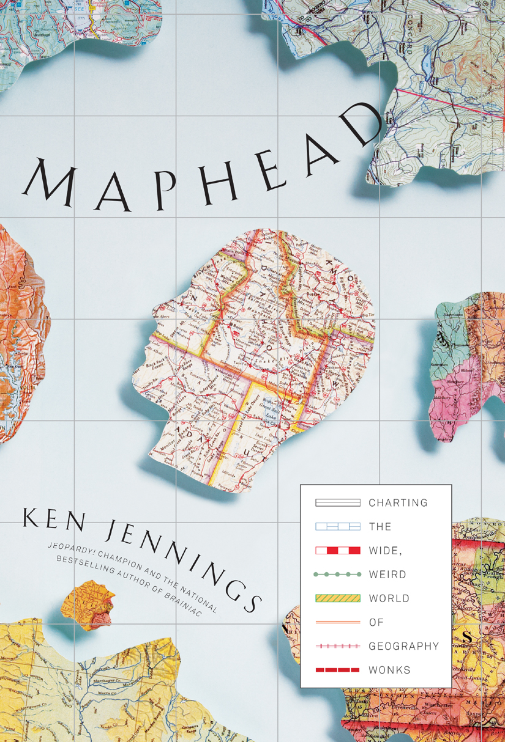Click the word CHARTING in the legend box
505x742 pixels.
398,503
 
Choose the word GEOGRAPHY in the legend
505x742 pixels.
404,646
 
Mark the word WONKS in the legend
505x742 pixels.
389,670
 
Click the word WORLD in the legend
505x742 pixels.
389,598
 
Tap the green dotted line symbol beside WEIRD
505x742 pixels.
337,575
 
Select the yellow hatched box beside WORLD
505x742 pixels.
337,598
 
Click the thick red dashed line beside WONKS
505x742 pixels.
337,670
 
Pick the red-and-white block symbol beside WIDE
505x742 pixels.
337,551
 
